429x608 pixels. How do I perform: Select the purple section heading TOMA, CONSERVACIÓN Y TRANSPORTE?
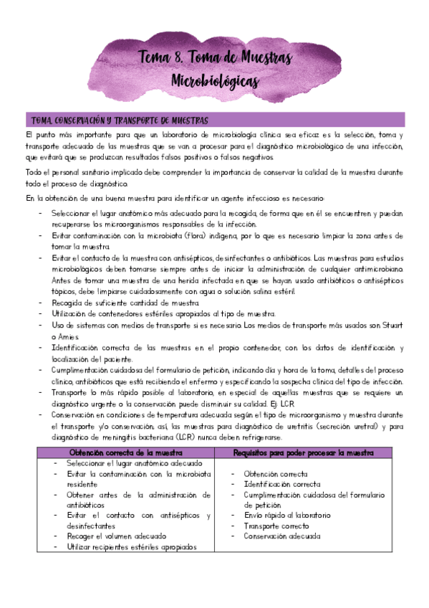pyautogui.click(x=116, y=119)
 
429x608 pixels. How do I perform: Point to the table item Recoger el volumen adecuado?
pyautogui.click(x=116, y=536)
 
